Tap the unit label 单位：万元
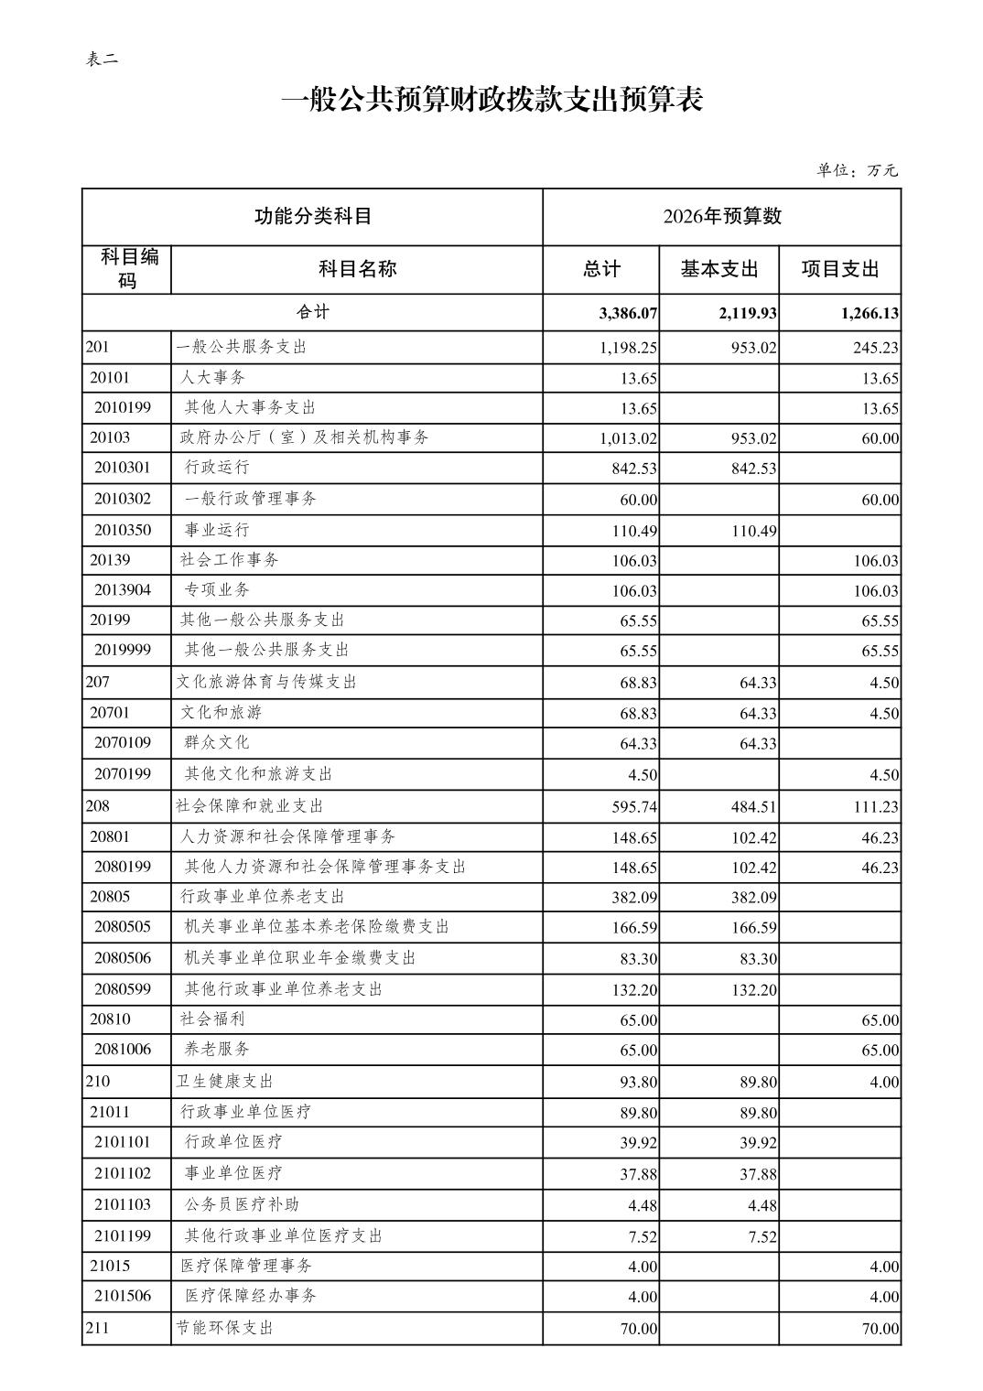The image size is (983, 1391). tap(857, 170)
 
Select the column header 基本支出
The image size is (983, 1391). tap(718, 269)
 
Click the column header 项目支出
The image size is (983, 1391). tap(839, 269)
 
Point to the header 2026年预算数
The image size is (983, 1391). tap(721, 216)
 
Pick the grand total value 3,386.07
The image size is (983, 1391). tap(628, 313)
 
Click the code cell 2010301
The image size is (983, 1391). tap(123, 468)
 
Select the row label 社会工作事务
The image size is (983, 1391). tap(230, 559)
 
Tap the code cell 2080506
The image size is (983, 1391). tap(123, 958)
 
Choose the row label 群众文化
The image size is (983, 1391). tap(217, 742)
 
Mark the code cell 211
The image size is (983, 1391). tap(97, 1328)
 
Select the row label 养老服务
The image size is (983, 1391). tap(217, 1049)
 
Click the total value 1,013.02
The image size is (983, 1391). tap(629, 438)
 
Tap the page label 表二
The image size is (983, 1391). tap(102, 59)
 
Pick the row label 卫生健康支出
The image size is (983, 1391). tap(224, 1081)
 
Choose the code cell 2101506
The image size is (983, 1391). tap(123, 1296)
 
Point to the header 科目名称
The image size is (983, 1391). tap(357, 269)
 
